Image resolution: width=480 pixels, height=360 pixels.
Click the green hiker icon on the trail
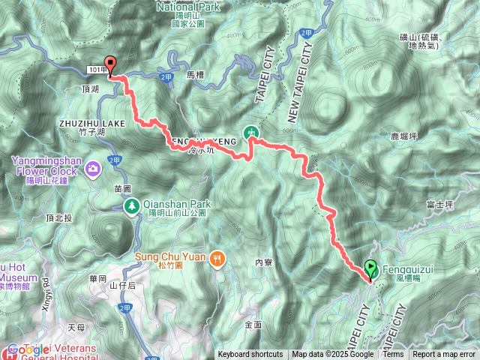coord(252,133)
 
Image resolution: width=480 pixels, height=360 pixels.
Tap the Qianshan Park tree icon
coord(131,205)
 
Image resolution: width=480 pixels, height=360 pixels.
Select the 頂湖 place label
coord(88,88)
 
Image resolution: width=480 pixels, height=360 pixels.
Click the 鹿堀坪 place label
coord(404,136)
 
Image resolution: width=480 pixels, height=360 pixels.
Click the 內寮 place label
coord(263,262)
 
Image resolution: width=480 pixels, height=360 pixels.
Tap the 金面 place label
coord(253,324)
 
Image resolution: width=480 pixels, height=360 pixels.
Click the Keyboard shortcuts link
coord(250,355)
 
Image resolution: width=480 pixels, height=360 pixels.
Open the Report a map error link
coord(444,355)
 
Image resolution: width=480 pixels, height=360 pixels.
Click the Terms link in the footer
coord(393,355)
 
